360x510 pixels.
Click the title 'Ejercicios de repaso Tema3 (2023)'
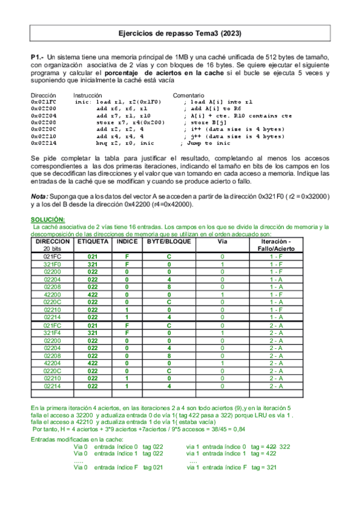tap(180, 34)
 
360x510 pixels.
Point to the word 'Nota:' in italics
tap(39, 196)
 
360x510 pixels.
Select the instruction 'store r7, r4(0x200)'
tap(129, 122)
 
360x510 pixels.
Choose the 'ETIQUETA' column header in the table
tap(92, 241)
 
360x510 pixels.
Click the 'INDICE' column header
tap(127, 241)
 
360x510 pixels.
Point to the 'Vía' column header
tap(222, 241)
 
